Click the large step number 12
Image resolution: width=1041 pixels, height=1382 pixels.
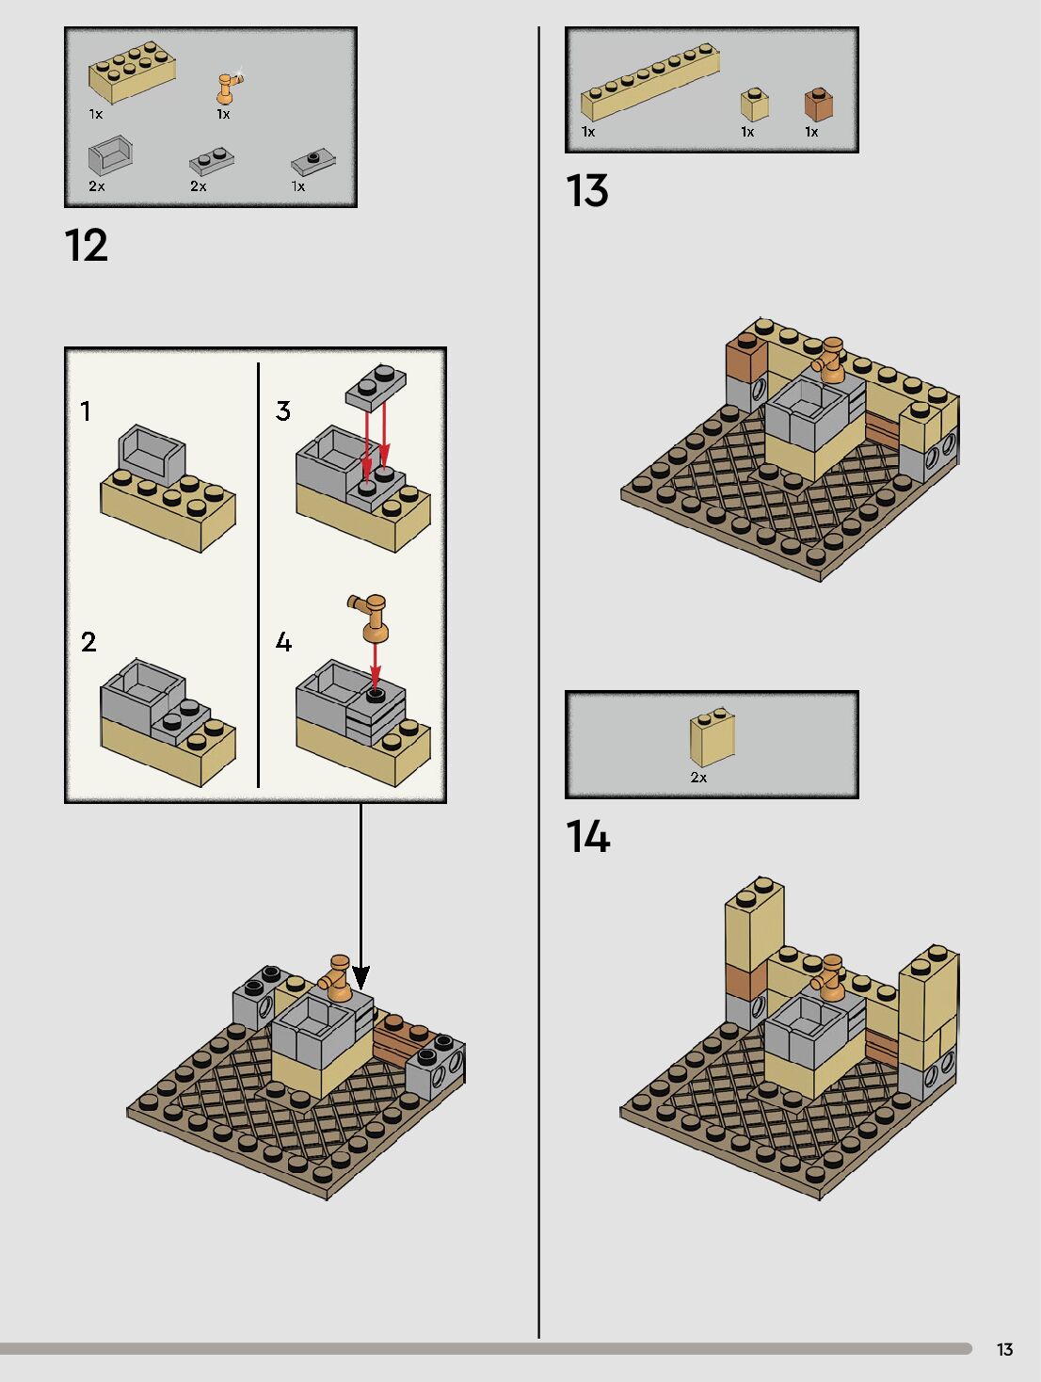tap(87, 246)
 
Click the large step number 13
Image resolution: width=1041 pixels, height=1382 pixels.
tap(587, 191)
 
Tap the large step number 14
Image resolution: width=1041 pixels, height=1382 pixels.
tap(588, 837)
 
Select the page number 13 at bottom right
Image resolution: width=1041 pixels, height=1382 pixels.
tap(1004, 1350)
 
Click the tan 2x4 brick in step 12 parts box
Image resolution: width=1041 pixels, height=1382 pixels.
tap(132, 72)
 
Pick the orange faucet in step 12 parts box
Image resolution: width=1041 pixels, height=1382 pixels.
tap(227, 88)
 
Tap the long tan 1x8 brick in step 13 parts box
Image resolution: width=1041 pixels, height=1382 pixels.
tap(649, 82)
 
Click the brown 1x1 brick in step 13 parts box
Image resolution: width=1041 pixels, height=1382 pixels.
tap(818, 104)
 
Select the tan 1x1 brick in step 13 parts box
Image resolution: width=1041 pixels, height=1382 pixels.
tap(754, 104)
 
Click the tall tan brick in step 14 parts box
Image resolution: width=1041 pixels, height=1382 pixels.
tap(712, 738)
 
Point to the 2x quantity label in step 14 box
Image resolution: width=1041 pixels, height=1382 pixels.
tap(698, 778)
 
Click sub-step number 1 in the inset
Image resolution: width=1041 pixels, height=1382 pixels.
tap(86, 411)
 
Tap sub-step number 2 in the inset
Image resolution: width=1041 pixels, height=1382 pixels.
tap(88, 642)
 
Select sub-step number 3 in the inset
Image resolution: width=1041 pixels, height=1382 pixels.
tap(283, 411)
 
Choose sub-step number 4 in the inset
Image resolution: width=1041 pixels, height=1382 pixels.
tap(283, 642)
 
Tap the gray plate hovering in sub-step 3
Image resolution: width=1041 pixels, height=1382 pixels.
tap(376, 386)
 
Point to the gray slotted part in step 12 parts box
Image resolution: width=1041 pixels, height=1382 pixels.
tap(110, 155)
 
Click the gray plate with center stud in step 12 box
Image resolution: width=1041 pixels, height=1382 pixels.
tap(313, 162)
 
